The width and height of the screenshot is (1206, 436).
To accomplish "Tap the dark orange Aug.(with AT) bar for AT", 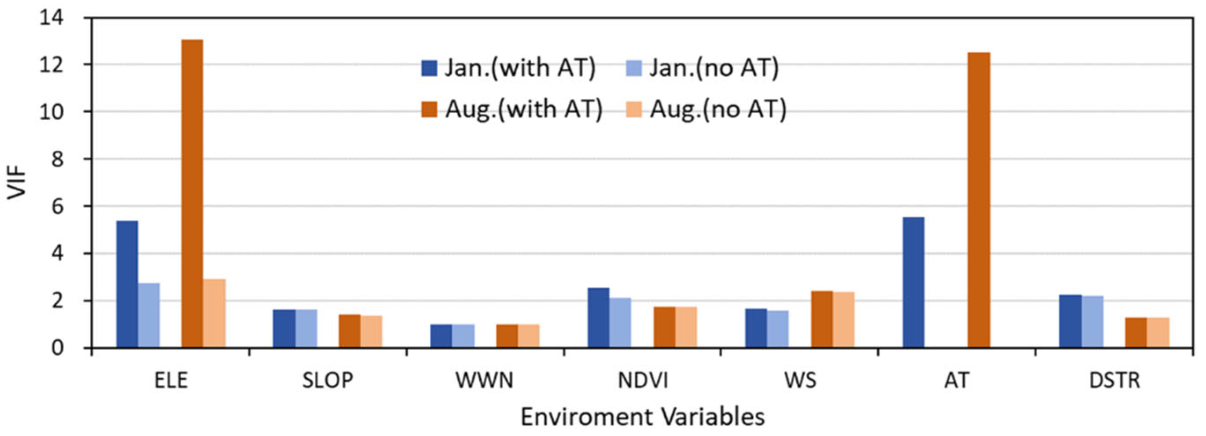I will [979, 199].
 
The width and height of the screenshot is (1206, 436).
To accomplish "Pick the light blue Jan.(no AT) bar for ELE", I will [149, 315].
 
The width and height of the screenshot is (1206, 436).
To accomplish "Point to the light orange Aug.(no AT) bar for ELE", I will [215, 313].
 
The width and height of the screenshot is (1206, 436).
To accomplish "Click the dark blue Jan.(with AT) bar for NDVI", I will [598, 318].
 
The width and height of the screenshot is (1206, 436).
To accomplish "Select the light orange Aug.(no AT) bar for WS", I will [844, 320].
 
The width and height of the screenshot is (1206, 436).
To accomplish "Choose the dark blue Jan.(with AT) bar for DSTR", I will [1071, 321].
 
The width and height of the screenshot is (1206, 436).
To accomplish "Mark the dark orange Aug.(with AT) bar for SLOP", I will [349, 331].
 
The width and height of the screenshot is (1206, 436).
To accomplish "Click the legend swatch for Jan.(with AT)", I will [429, 68].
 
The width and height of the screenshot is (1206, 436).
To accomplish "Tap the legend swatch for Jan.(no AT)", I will [634, 68].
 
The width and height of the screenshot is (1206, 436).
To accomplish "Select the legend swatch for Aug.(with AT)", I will [429, 109].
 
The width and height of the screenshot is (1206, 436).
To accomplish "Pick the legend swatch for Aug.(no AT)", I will [634, 109].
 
